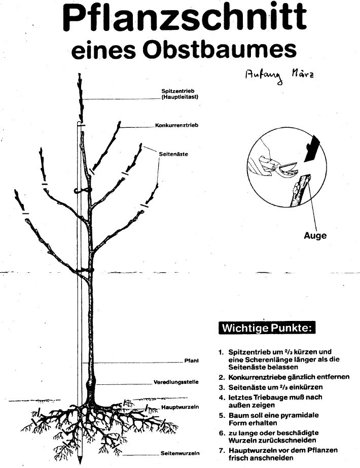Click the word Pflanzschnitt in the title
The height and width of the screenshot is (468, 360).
185,18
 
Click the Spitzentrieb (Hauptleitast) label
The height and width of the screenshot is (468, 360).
179,94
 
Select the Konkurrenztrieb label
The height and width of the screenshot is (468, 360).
176,125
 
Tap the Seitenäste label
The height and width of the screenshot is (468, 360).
173,154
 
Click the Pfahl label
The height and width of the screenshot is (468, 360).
191,361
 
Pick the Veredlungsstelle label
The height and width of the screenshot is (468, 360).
176,382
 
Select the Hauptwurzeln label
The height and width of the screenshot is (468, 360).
180,407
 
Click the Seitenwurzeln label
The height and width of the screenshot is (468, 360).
180,453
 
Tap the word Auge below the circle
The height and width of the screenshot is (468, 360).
315,235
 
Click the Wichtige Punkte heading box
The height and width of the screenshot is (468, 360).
267,328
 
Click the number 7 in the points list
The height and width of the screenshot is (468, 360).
221,450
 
